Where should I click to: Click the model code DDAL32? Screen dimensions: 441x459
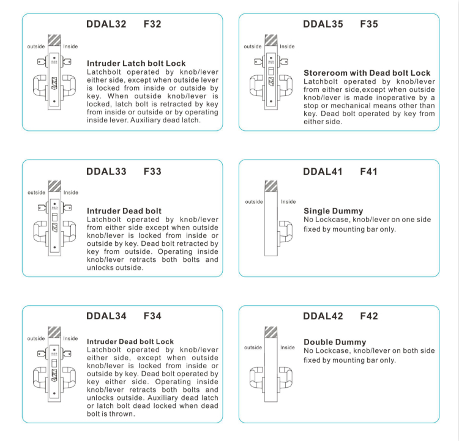click(x=106, y=24)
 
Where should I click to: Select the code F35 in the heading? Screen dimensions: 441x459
click(x=369, y=24)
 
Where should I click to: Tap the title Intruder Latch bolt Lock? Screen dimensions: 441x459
click(x=136, y=63)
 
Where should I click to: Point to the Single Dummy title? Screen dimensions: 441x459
click(x=333, y=211)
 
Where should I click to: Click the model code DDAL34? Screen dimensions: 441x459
click(x=106, y=316)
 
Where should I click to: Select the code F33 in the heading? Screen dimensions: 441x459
click(x=152, y=171)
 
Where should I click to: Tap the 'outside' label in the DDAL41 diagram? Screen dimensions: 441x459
click(x=253, y=202)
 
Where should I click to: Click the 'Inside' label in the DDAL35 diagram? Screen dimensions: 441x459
click(x=287, y=46)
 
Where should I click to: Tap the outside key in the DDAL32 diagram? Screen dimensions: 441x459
click(x=41, y=61)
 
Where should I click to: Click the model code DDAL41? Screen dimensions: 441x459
click(x=323, y=171)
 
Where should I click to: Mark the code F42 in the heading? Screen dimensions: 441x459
click(x=369, y=316)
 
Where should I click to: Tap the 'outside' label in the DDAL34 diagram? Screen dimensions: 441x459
click(x=36, y=338)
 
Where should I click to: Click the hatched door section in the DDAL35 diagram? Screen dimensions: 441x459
click(x=271, y=38)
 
